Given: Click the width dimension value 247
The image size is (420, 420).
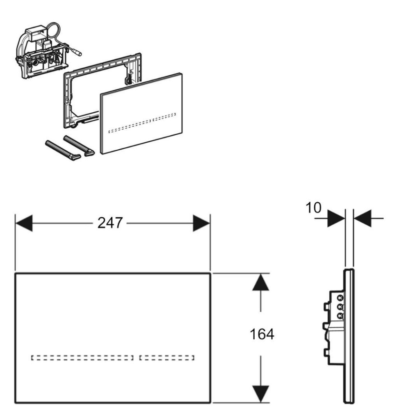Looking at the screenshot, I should (x=110, y=223).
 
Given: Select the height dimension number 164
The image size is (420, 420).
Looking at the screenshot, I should (x=262, y=334).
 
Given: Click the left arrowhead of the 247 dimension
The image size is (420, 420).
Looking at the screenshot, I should (x=24, y=223).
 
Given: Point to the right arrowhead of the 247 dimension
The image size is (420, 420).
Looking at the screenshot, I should (x=202, y=223).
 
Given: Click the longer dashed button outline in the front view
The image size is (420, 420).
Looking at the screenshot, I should (x=82, y=357).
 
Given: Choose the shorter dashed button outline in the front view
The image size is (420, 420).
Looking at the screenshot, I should (x=167, y=357).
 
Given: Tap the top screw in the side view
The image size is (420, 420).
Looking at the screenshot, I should (x=340, y=297).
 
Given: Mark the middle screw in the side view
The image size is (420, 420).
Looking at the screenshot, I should (x=340, y=306).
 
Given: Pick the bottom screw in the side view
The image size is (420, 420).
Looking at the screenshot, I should (x=340, y=315).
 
